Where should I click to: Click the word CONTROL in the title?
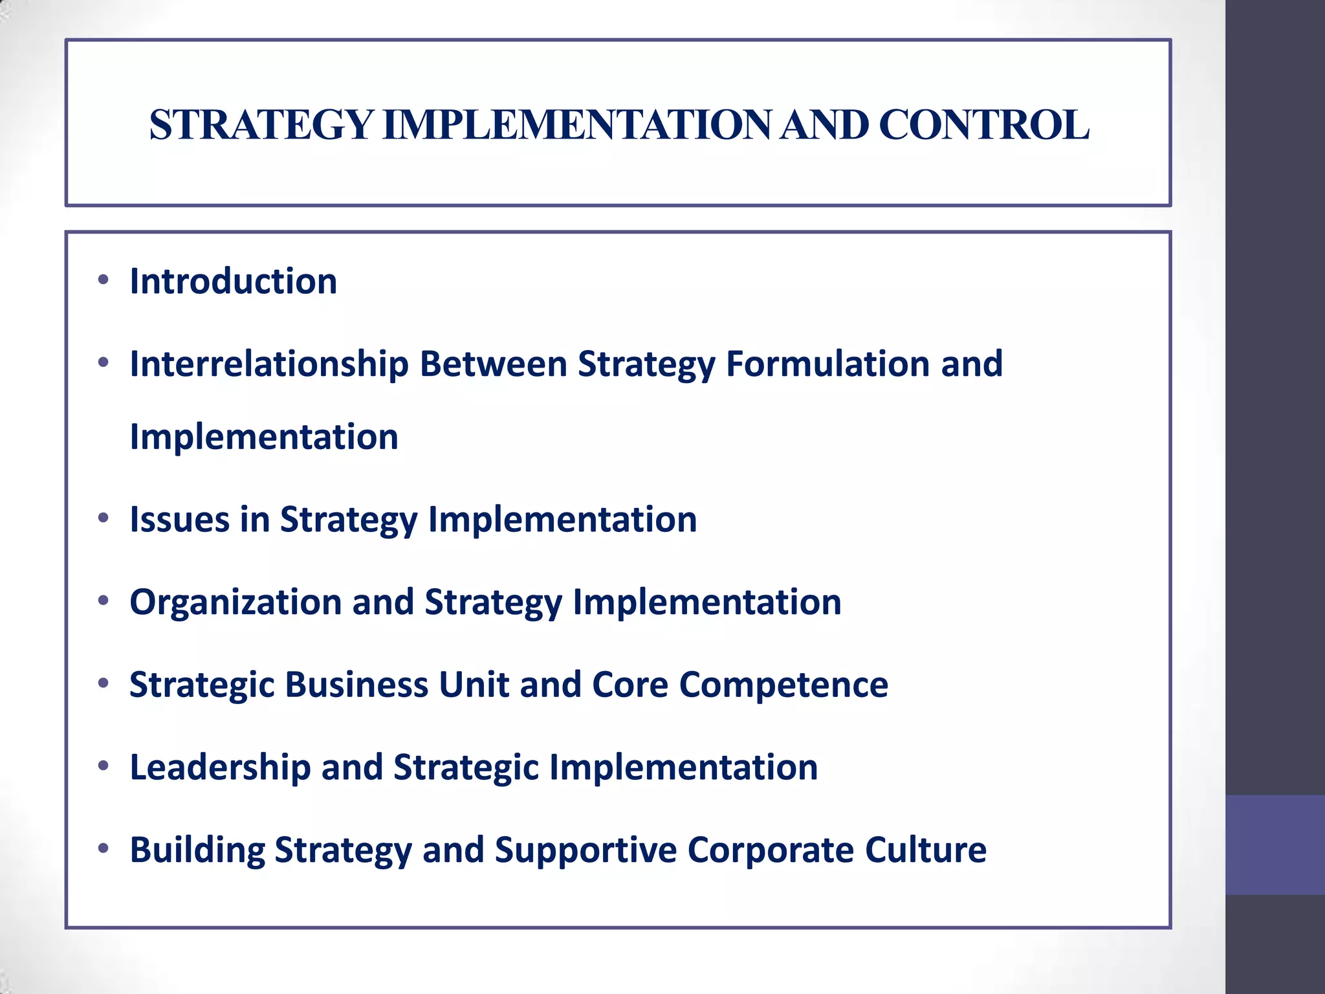983,125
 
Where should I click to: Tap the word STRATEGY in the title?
261,125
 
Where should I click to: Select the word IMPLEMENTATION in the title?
577,125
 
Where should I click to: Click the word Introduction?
234,282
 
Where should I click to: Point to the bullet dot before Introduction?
103,280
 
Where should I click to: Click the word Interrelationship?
269,364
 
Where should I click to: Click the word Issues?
180,520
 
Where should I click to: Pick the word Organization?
235,602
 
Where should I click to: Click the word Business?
356,685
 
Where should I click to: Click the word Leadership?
221,768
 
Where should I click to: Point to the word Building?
197,850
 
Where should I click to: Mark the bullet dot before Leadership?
103,766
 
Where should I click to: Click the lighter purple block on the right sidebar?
1275,845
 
